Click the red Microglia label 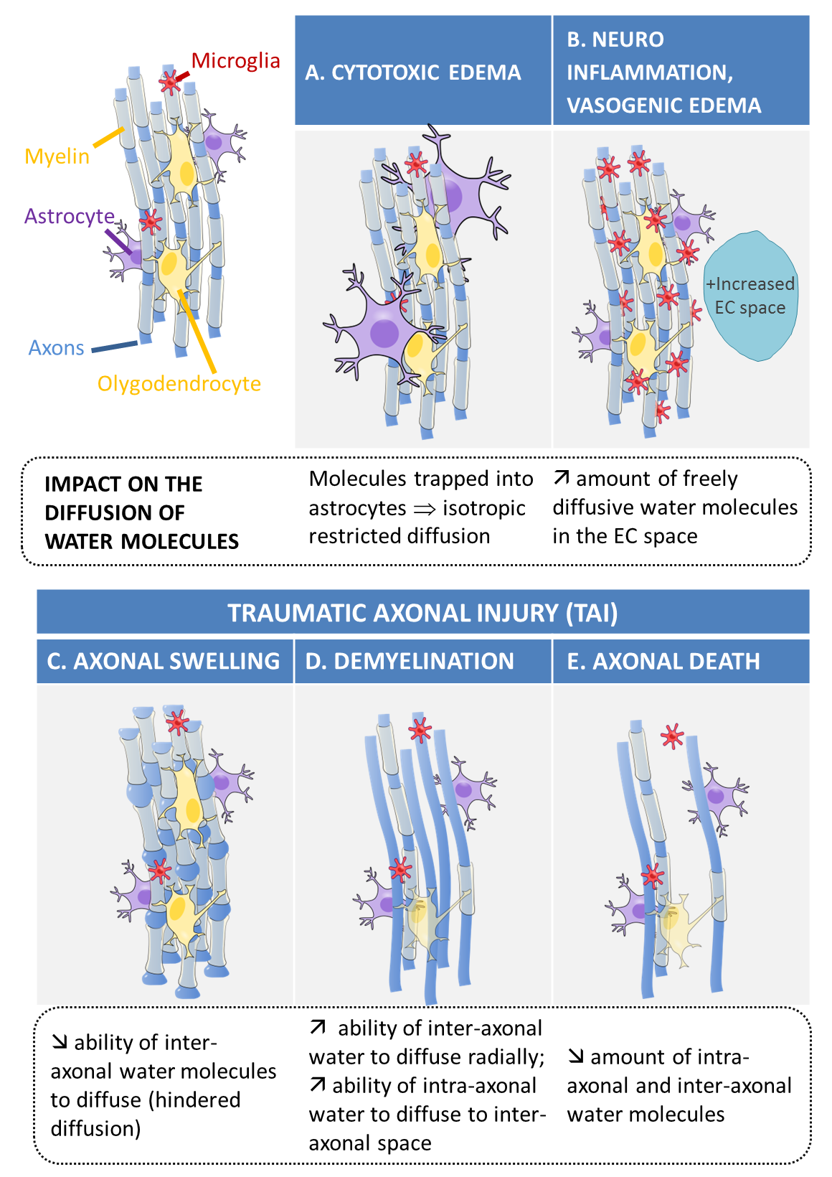235,61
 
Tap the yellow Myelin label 57,156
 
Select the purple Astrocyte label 70,216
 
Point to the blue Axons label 57,348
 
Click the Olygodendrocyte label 179,384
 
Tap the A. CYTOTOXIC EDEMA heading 413,72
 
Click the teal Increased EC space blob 750,296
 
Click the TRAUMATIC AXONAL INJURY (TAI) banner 422,613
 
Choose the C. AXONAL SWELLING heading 164,661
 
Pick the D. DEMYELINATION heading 410,661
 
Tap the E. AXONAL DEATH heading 663,661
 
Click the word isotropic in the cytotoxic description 484,508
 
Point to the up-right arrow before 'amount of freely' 562,478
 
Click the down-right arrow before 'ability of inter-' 60,1042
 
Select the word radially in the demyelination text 506,1057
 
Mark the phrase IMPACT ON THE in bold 123,484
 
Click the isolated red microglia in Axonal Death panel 672,736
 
